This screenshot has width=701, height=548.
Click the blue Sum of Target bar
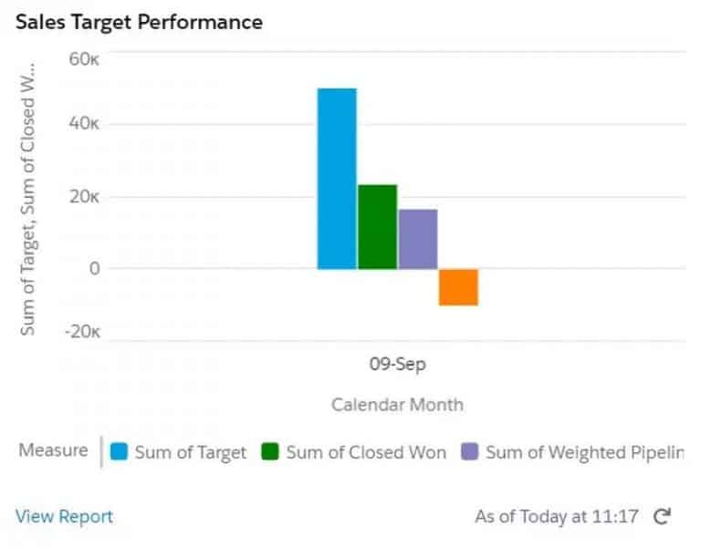pyautogui.click(x=337, y=179)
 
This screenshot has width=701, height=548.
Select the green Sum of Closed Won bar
pyautogui.click(x=377, y=227)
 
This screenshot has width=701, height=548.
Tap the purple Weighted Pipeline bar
pyautogui.click(x=418, y=239)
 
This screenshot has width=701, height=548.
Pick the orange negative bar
pyautogui.click(x=458, y=287)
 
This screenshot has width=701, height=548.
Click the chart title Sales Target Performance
pyautogui.click(x=139, y=22)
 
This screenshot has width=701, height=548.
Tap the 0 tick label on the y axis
pyautogui.click(x=93, y=268)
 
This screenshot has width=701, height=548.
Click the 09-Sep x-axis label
pyautogui.click(x=397, y=364)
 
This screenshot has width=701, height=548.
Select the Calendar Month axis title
pyautogui.click(x=397, y=404)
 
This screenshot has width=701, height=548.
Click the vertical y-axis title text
pyautogui.click(x=28, y=199)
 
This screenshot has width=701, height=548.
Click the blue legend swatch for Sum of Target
pyautogui.click(x=118, y=451)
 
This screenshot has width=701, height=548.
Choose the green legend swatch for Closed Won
pyautogui.click(x=269, y=451)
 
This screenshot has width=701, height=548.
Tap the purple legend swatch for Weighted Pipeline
pyautogui.click(x=469, y=451)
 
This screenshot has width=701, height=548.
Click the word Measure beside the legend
pyautogui.click(x=53, y=450)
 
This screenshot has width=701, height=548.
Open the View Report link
pyautogui.click(x=64, y=516)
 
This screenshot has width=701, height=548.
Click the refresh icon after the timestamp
pyautogui.click(x=663, y=516)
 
